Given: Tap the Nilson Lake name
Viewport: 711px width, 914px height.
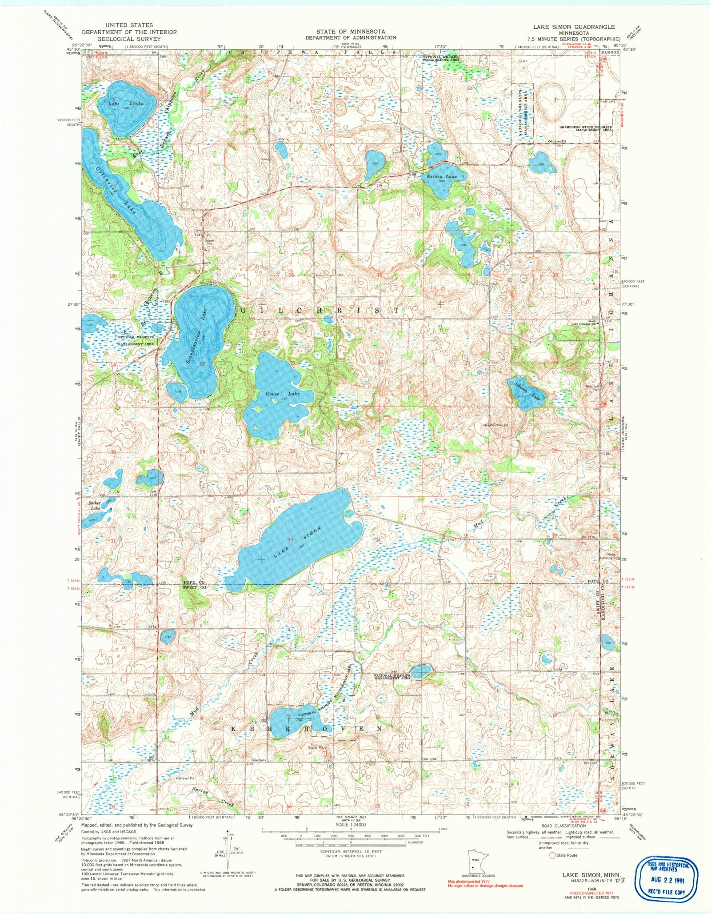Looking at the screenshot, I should click(x=442, y=176).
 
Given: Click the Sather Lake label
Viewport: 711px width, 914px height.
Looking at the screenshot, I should click(x=95, y=505).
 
